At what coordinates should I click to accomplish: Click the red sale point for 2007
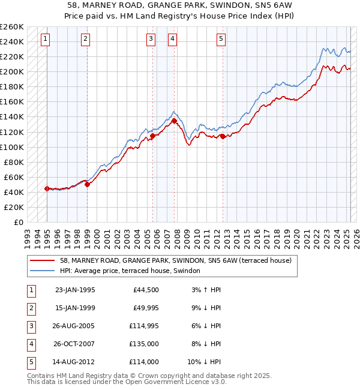click(174, 121)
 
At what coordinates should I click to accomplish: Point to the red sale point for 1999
click(87, 184)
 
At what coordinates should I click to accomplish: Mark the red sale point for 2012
click(223, 136)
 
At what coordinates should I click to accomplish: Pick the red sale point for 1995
click(47, 188)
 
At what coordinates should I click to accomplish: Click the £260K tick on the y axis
click(13, 27)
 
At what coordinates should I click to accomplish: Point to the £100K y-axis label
click(13, 147)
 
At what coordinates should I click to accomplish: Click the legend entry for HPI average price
click(133, 271)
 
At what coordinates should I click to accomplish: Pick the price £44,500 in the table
click(144, 289)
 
